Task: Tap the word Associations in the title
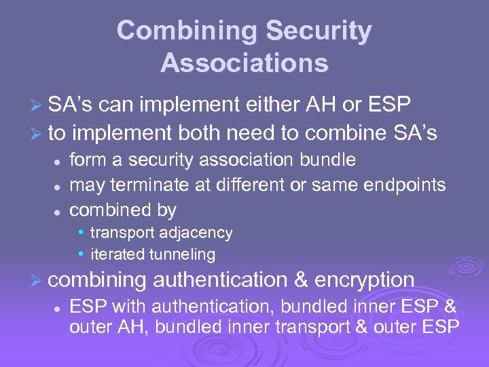[x=244, y=63]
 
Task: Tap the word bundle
[x=331, y=160]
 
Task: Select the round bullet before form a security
[x=58, y=161]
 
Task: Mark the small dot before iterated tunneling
[x=81, y=254]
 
